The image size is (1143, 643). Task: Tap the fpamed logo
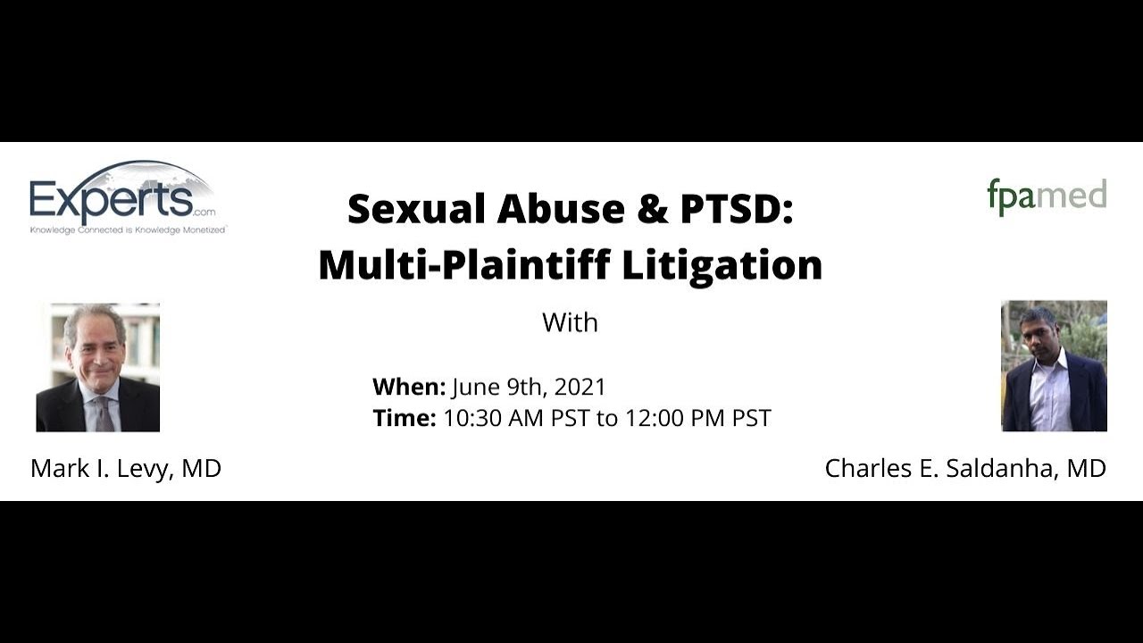1047,196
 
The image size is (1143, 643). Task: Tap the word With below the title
570,322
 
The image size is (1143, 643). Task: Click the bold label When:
408,387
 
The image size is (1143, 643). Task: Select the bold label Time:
404,418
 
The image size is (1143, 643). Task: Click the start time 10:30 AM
493,418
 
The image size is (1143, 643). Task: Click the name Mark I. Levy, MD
126,468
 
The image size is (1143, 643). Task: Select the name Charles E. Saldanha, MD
965,468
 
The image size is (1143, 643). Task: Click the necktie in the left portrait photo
104,413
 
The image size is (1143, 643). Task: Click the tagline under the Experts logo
128,230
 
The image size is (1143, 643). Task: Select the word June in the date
473,387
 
